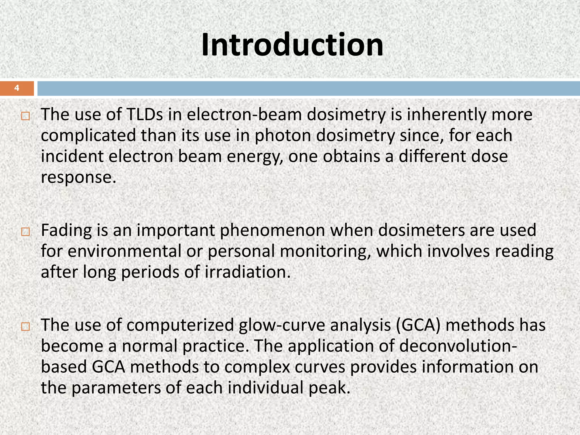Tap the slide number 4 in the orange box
pos(17,88)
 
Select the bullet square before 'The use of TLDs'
pos(25,116)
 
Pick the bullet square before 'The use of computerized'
pos(25,327)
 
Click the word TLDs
pos(145,115)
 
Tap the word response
pos(78,178)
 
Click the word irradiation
pos(248,272)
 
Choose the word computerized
pos(180,325)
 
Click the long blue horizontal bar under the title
pos(309,88)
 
